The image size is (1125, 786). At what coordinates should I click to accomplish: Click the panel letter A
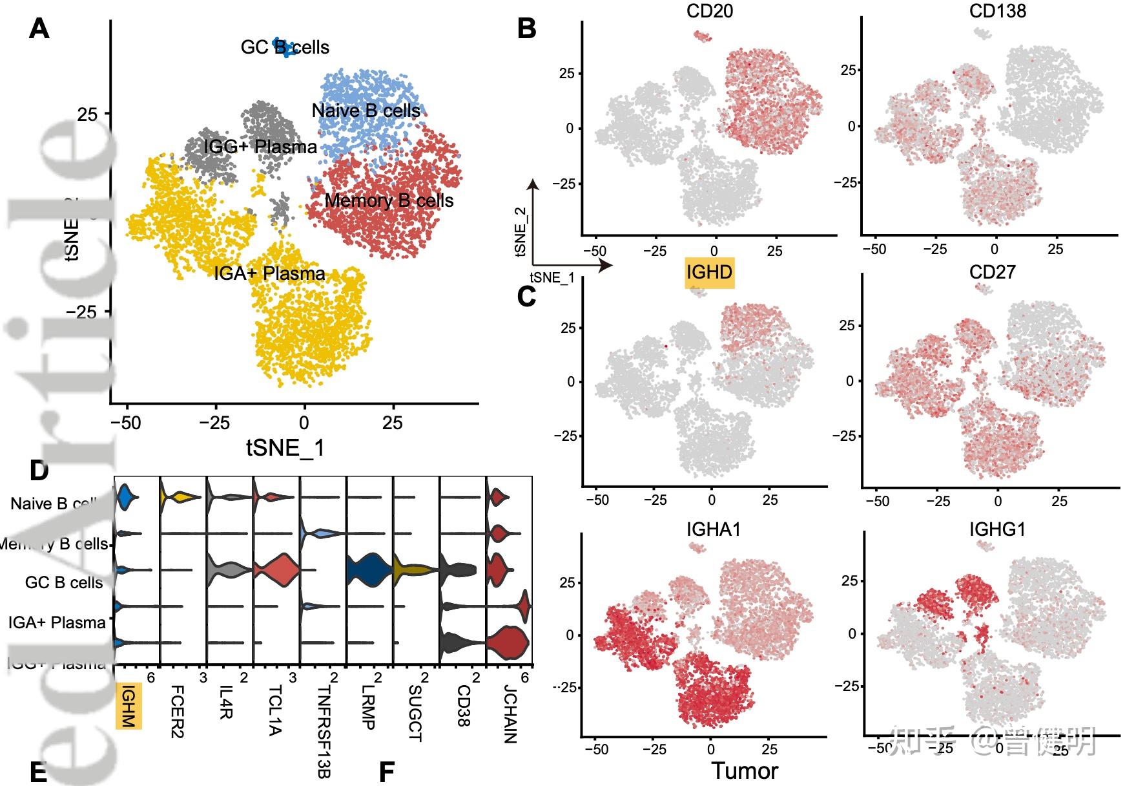tap(39, 29)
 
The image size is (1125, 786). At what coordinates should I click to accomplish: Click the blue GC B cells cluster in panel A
tap(283, 46)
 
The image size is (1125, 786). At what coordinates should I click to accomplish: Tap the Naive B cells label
tap(366, 111)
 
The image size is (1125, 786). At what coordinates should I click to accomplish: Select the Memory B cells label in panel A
tap(389, 200)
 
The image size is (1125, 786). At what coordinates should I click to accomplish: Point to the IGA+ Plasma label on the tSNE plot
tap(269, 273)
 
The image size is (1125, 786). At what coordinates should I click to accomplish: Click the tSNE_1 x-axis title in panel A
tap(285, 447)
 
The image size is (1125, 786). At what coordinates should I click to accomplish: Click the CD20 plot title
tap(709, 11)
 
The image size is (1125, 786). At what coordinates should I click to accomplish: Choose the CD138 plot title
tap(997, 11)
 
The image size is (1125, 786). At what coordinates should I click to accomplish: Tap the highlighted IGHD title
tap(709, 272)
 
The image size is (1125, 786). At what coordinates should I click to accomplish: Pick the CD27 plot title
tap(992, 272)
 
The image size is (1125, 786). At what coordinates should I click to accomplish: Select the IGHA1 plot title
tap(713, 530)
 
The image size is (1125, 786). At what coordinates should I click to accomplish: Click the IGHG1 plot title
tap(997, 530)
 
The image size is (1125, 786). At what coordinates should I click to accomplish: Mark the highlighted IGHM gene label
tap(128, 706)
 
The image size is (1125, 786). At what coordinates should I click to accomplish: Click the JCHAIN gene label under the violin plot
tap(510, 714)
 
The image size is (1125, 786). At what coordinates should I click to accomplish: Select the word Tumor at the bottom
tap(745, 770)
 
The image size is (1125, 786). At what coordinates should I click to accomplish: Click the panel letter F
tap(386, 772)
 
